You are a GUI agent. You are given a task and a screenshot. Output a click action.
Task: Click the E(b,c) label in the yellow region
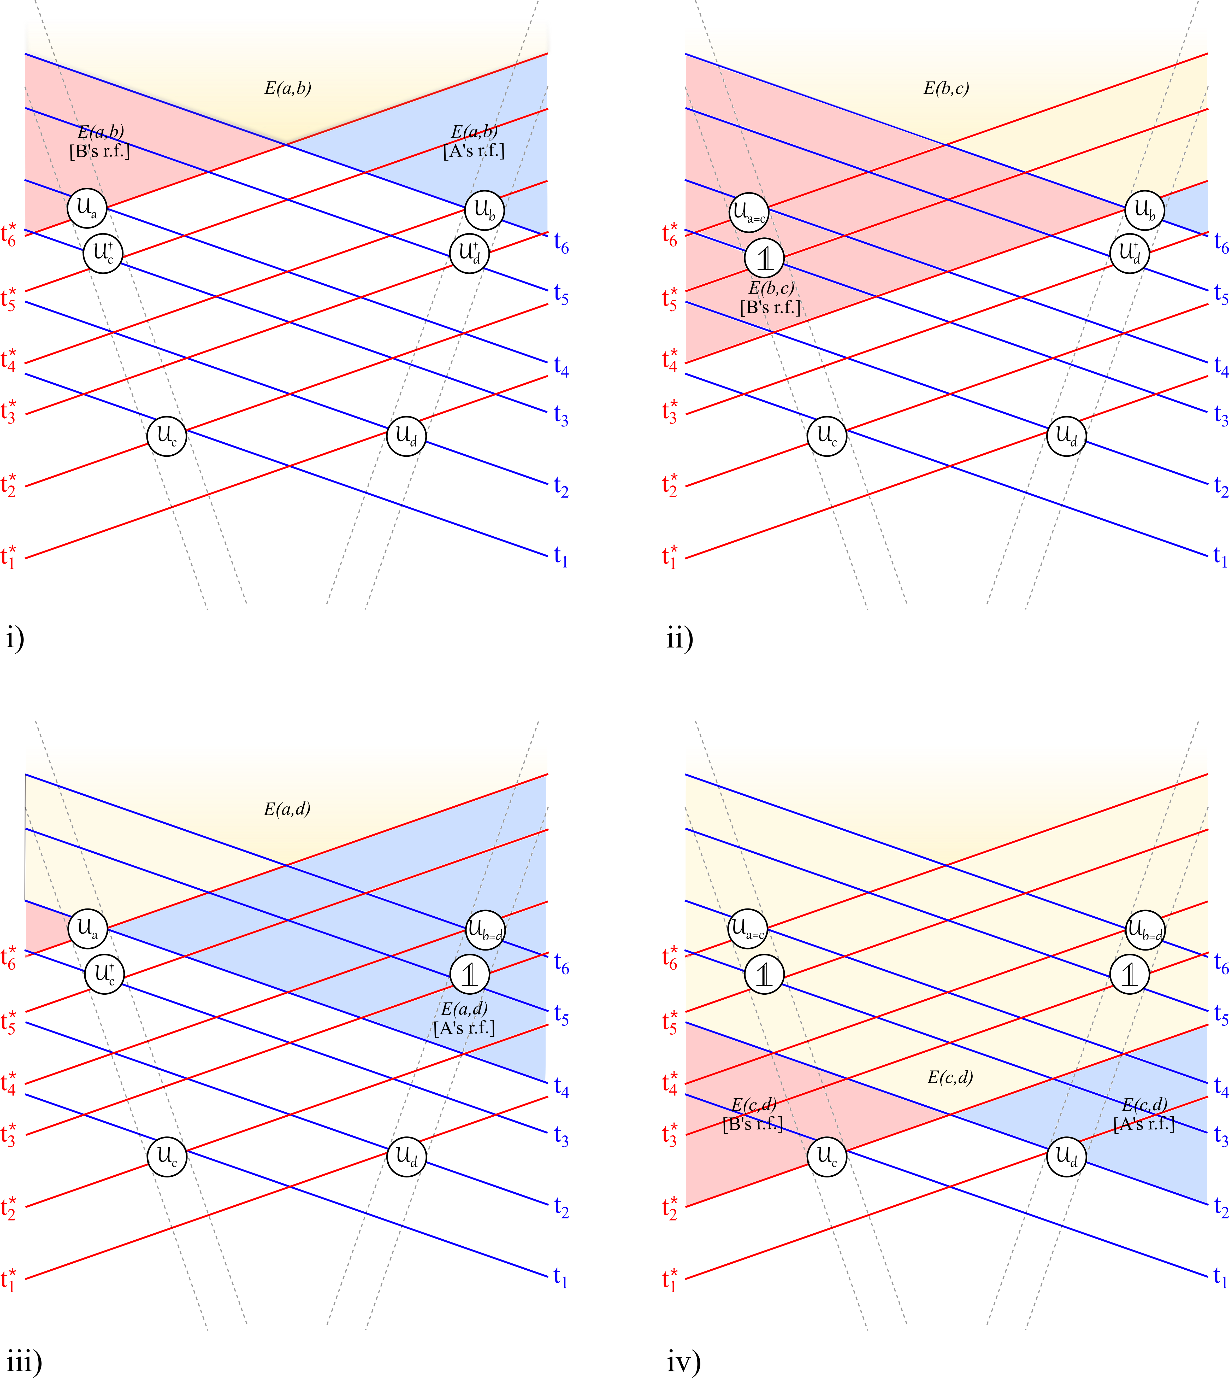pos(946,89)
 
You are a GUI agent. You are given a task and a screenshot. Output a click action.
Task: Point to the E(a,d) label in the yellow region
pos(287,808)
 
